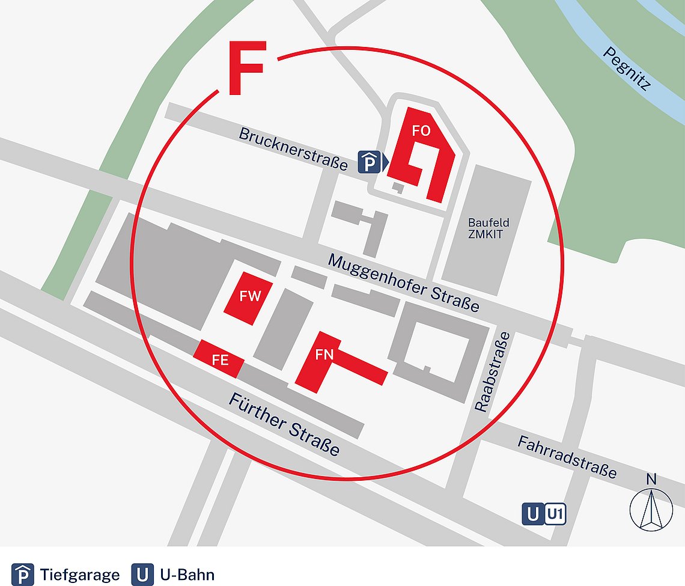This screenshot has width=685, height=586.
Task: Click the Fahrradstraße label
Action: pos(567,457)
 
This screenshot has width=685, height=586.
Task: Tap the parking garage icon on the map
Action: pos(370,161)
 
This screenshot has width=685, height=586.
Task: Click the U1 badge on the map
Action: pos(555,514)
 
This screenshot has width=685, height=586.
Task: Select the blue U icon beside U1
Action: pos(532,514)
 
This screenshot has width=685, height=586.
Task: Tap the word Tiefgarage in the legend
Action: pos(81,575)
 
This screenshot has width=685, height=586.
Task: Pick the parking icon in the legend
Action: pos(23,575)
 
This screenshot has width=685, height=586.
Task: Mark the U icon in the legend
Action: pos(142,575)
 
